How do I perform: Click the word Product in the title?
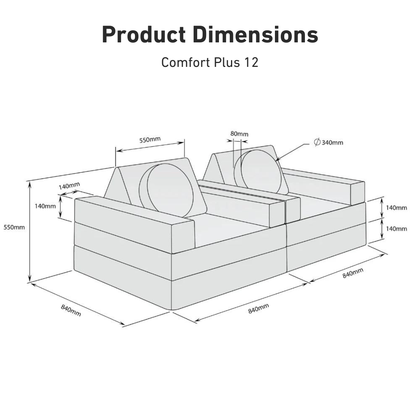(144, 35)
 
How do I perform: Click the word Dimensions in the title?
(255, 35)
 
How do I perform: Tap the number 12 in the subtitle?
(251, 62)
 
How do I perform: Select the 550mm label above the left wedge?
(150, 140)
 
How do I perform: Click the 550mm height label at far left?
(14, 227)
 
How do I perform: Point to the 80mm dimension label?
(239, 134)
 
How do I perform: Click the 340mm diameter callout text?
(332, 143)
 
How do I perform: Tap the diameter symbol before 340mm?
(317, 142)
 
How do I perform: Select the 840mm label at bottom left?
(71, 310)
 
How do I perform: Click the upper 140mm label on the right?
(396, 208)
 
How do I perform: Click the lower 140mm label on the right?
(396, 229)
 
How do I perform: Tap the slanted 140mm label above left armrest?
(69, 186)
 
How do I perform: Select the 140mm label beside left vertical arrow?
(45, 206)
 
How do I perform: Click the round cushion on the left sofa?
(171, 191)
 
